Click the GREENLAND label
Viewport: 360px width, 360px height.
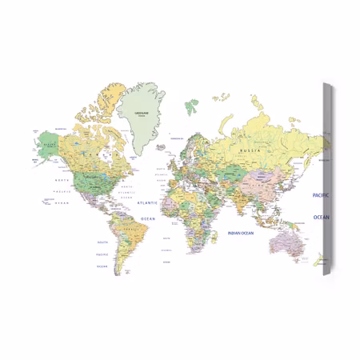pos(144,112)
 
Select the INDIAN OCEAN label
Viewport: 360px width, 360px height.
pos(240,233)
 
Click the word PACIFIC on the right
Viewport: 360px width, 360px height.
pos(320,195)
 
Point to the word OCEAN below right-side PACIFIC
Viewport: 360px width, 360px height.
pos(320,217)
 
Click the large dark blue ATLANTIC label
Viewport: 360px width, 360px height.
pos(148,203)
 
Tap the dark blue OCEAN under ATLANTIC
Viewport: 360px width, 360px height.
pos(148,218)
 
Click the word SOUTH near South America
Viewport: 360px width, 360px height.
pos(102,242)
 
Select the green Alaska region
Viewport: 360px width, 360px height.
pos(48,144)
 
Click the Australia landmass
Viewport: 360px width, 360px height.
pos(285,241)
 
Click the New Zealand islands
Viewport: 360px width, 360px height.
pos(318,260)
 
